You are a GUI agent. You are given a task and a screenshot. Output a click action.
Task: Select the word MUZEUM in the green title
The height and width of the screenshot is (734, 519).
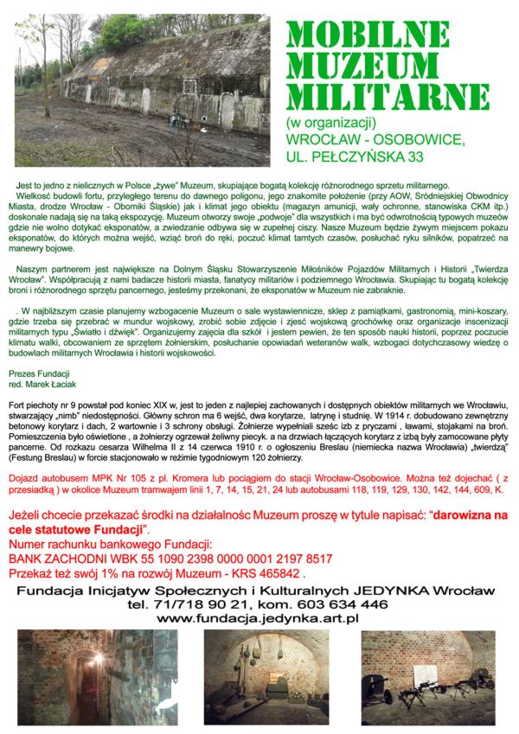362,61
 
